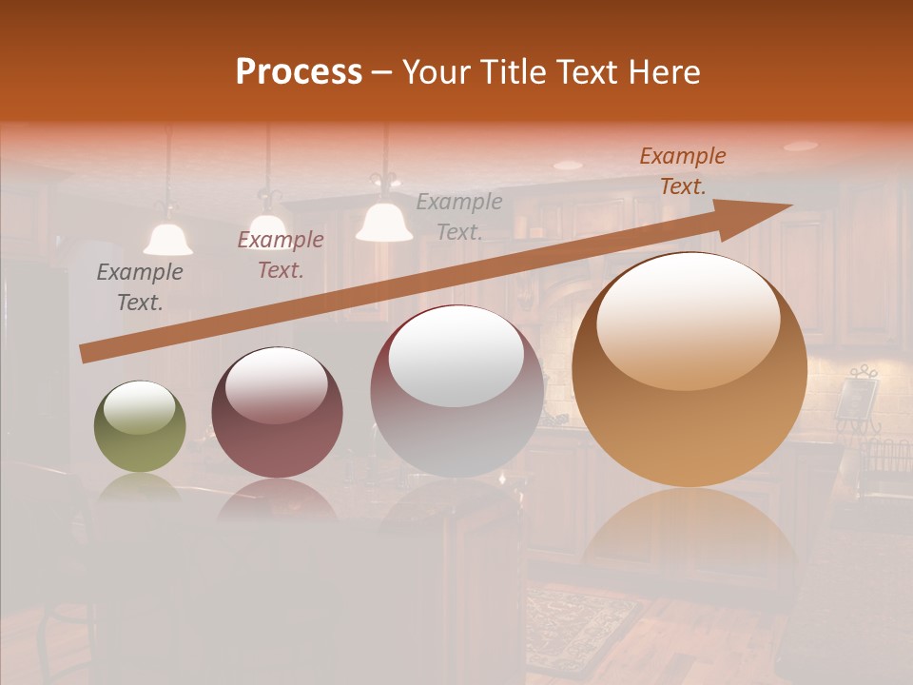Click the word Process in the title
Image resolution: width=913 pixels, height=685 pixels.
point(299,71)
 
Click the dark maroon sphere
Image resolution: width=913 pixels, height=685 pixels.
point(277,413)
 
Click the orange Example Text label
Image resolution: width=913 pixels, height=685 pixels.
point(682,171)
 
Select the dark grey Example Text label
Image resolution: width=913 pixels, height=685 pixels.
point(140,287)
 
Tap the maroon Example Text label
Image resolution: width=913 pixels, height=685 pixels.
point(281,255)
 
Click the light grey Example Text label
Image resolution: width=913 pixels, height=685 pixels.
point(459,216)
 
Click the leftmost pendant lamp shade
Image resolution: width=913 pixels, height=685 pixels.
point(168,240)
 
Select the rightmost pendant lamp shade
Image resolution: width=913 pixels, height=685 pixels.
point(384,224)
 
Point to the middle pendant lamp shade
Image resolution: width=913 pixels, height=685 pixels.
point(270,225)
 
